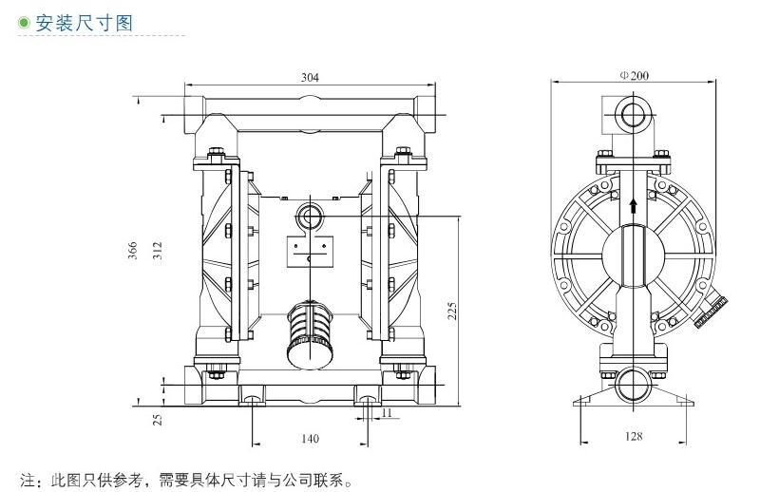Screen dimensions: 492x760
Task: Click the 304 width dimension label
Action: click(x=309, y=77)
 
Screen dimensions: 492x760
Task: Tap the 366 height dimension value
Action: click(x=135, y=250)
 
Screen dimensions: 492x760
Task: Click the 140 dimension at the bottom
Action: click(x=310, y=438)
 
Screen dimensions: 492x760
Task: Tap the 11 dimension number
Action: click(x=387, y=412)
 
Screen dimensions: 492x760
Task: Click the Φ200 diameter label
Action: click(x=634, y=77)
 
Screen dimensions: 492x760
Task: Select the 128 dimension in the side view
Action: click(x=634, y=437)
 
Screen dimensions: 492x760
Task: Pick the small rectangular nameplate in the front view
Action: click(x=311, y=252)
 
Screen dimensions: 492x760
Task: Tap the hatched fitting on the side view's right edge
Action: click(x=713, y=310)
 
